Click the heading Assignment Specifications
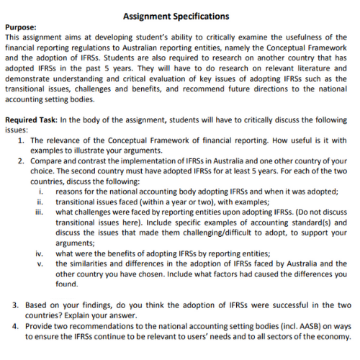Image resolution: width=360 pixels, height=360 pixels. pos(176,16)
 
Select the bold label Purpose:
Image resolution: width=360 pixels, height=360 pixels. pos(21,27)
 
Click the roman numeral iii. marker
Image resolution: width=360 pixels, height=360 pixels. pos(40,212)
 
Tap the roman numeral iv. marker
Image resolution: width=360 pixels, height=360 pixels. pos(40,253)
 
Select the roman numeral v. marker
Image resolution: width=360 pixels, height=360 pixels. pos(41,264)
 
